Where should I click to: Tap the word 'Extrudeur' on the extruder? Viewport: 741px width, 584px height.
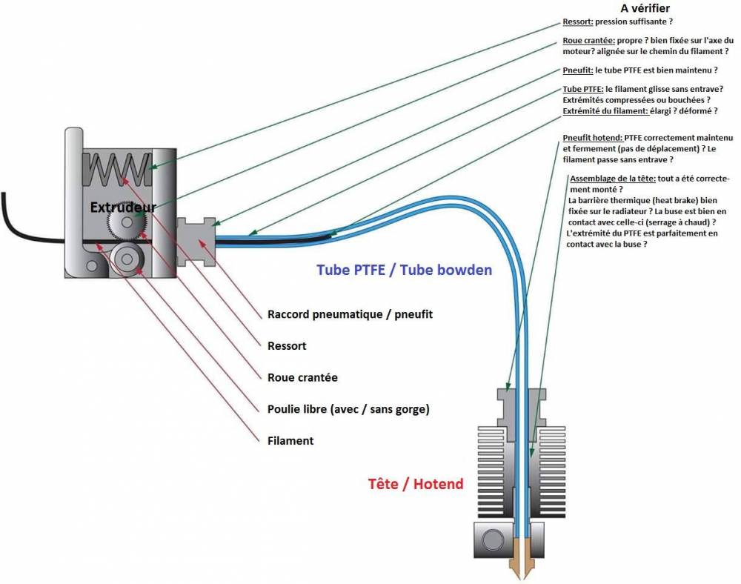tap(123, 208)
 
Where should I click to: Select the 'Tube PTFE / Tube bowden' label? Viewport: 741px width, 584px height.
tap(404, 270)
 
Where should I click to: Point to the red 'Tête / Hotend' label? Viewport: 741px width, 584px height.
tap(416, 484)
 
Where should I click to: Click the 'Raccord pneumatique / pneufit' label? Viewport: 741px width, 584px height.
tap(350, 314)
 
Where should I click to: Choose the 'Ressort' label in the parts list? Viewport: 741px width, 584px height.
tap(287, 346)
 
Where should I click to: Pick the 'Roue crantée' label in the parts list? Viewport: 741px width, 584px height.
tap(302, 377)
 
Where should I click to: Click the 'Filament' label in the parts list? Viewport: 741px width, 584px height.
tap(290, 441)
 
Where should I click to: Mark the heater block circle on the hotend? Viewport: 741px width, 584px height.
tap(493, 538)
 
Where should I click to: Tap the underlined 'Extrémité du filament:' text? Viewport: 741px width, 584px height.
tap(605, 111)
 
